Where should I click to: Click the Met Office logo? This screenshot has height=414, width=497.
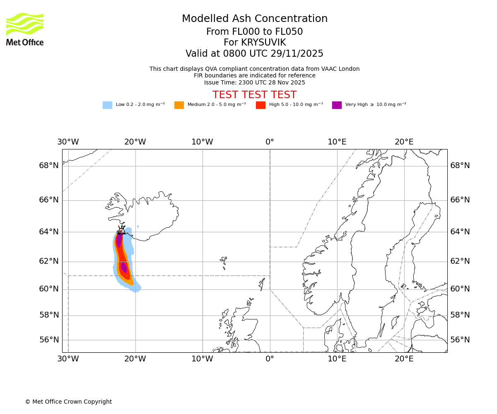(25, 29)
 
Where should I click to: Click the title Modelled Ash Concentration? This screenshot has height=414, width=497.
(255, 19)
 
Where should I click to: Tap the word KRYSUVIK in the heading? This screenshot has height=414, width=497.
(267, 43)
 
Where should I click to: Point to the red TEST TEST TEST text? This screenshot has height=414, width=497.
(254, 95)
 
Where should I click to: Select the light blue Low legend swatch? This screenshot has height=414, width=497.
(107, 105)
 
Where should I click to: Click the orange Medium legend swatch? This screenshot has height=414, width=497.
(179, 105)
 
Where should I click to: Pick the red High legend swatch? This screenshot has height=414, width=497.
(261, 105)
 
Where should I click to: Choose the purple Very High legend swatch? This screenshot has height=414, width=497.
(337, 105)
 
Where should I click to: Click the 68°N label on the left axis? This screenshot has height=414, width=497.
(49, 166)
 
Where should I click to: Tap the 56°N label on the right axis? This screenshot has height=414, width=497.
(460, 340)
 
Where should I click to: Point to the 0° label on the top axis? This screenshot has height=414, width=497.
(270, 142)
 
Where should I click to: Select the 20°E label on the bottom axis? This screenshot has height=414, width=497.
(404, 359)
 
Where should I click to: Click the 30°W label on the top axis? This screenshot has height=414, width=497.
(68, 142)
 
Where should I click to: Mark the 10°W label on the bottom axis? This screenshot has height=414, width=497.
(202, 359)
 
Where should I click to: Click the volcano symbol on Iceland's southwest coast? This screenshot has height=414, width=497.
(121, 230)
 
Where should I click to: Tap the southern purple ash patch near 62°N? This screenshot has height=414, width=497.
(124, 267)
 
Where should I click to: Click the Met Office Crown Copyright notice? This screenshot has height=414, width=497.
(68, 402)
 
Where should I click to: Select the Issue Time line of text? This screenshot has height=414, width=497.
(254, 82)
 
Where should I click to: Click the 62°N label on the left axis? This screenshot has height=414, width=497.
(49, 261)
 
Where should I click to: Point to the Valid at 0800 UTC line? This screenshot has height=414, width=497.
(254, 54)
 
